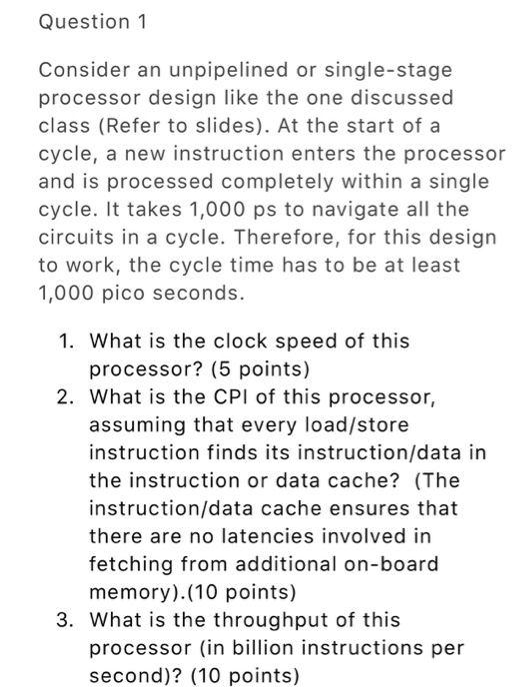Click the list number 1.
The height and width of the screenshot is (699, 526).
point(65,341)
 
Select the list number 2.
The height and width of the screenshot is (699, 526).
point(65,396)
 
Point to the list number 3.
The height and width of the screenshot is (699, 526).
point(65,620)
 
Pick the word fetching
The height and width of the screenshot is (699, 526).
point(128,564)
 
